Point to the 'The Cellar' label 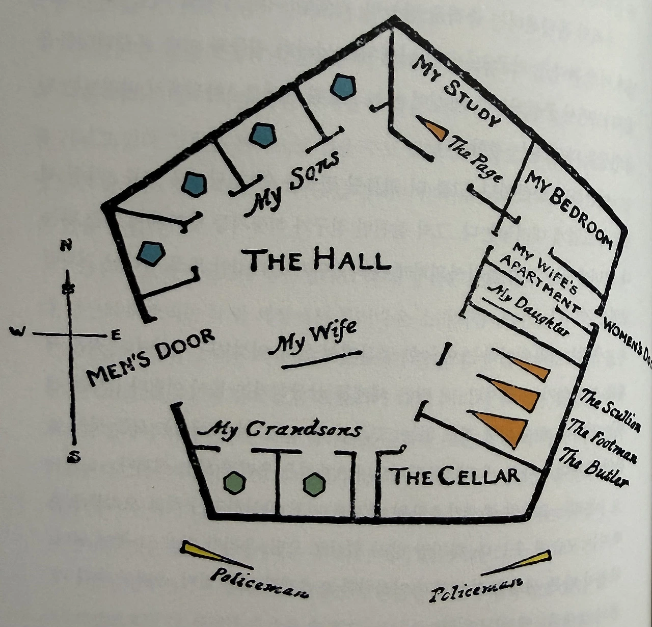pos(456,476)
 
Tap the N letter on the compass pos(67,246)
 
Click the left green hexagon pos(234,483)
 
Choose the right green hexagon pos(314,484)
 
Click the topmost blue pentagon pos(343,87)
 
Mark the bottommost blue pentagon pos(151,254)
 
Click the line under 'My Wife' pos(322,360)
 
